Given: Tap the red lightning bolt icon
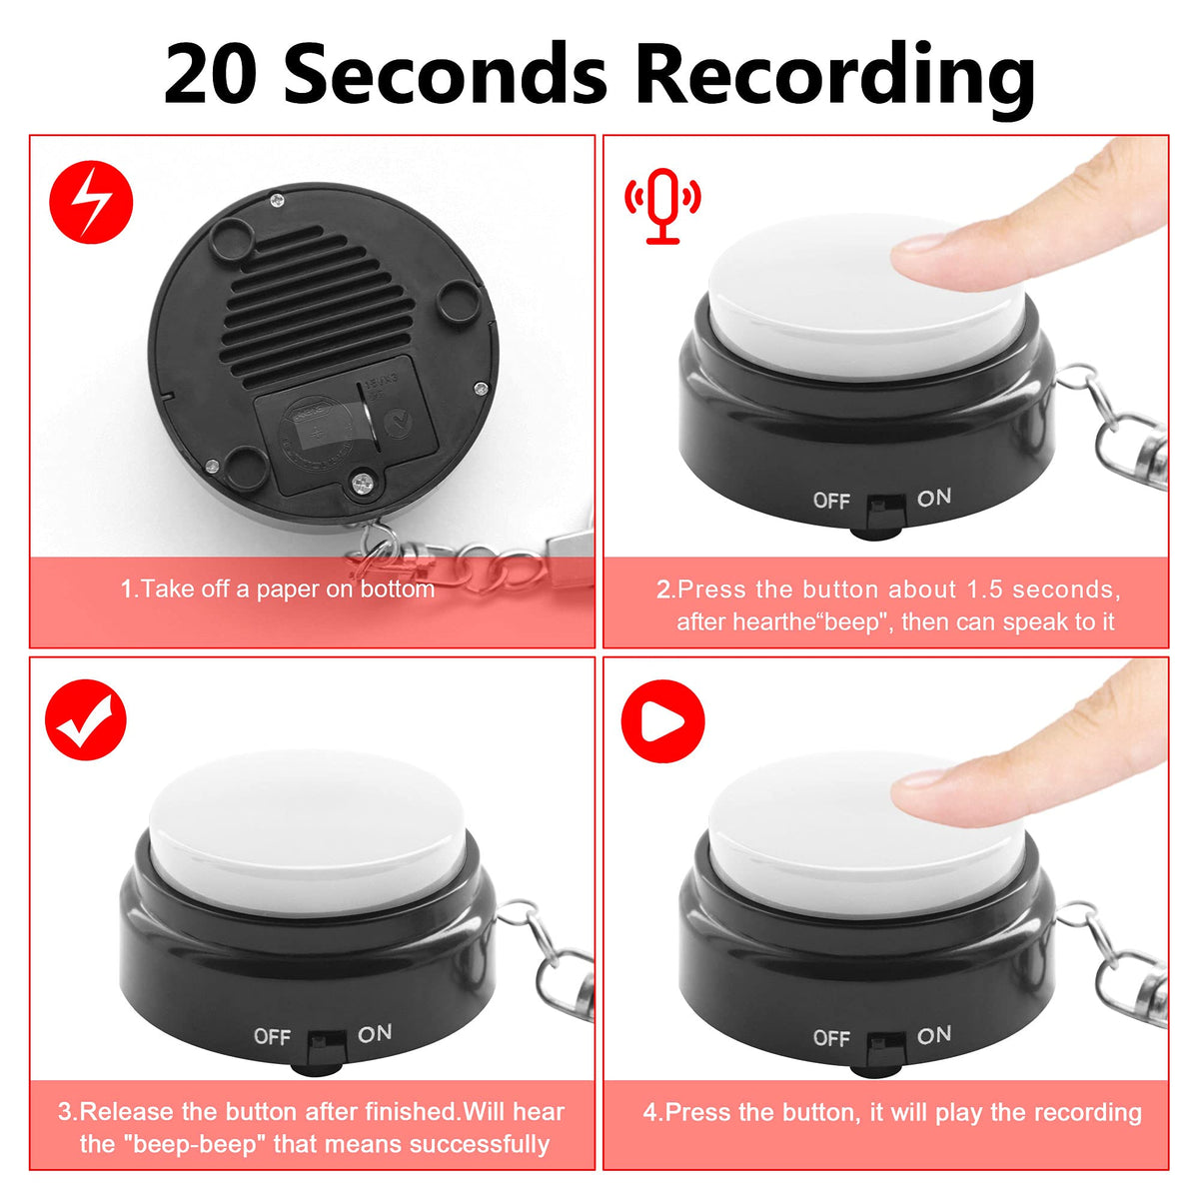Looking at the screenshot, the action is [91, 202].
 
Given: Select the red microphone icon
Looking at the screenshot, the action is [662, 206].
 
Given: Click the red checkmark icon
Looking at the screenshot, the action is [86, 719].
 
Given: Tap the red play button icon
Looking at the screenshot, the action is [662, 721].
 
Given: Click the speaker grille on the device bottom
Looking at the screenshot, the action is [319, 303].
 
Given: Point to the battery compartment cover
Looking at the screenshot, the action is [347, 425].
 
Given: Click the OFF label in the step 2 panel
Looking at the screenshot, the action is [831, 501].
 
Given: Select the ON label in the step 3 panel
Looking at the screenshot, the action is [375, 1033].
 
